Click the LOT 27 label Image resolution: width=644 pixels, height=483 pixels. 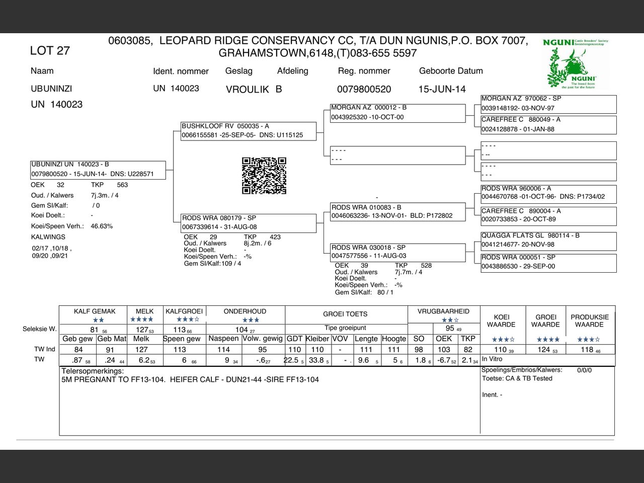pyautogui.click(x=50, y=51)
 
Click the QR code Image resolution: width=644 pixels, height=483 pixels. pyautogui.click(x=264, y=176)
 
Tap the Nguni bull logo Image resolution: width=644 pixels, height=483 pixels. pyautogui.click(x=576, y=64)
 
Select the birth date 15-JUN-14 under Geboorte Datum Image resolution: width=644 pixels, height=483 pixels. pyautogui.click(x=442, y=89)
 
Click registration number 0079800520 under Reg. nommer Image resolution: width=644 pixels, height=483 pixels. pyautogui.click(x=364, y=89)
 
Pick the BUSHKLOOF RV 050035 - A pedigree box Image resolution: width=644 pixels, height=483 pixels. pyautogui.click(x=249, y=131)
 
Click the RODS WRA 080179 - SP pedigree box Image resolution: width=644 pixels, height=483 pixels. pyautogui.click(x=249, y=222)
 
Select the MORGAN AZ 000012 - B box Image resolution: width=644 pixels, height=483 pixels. pyautogui.click(x=397, y=112)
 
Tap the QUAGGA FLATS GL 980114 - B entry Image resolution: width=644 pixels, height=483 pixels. pyautogui.click(x=548, y=240)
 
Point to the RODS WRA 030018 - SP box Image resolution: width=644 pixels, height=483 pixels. pyautogui.click(x=397, y=252)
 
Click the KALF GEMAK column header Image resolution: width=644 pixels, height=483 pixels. pyautogui.click(x=95, y=311)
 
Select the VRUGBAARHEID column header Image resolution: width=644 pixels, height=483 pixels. pyautogui.click(x=443, y=311)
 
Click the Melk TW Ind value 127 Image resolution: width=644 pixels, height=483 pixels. pyautogui.click(x=141, y=350)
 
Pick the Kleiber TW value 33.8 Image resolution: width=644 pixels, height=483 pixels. pyautogui.click(x=316, y=360)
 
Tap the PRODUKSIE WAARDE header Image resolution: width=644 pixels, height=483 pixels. pyautogui.click(x=589, y=320)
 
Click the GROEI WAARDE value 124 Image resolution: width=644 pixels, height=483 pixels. pyautogui.click(x=544, y=350)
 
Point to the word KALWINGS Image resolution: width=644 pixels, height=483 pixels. pyautogui.click(x=48, y=237)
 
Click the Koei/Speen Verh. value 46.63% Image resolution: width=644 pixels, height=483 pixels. pyautogui.click(x=102, y=226)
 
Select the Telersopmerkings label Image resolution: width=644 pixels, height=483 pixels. pyautogui.click(x=92, y=371)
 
